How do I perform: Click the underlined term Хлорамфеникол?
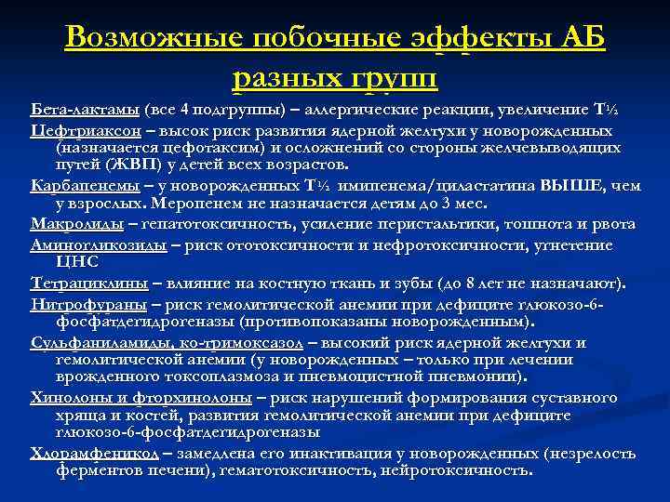(x=94, y=453)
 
